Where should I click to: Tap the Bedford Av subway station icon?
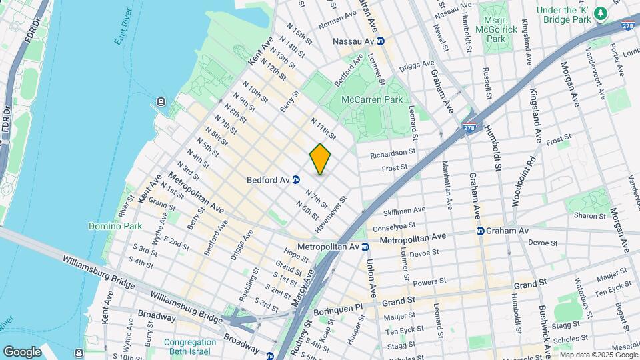(295, 179)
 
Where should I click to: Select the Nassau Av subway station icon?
(381, 41)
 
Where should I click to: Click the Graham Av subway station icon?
(480, 231)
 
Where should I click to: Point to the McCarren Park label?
(373, 99)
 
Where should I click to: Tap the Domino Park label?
(115, 226)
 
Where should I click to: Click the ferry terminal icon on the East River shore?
(161, 101)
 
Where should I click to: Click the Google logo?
(22, 351)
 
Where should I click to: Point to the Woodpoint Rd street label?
(523, 180)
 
